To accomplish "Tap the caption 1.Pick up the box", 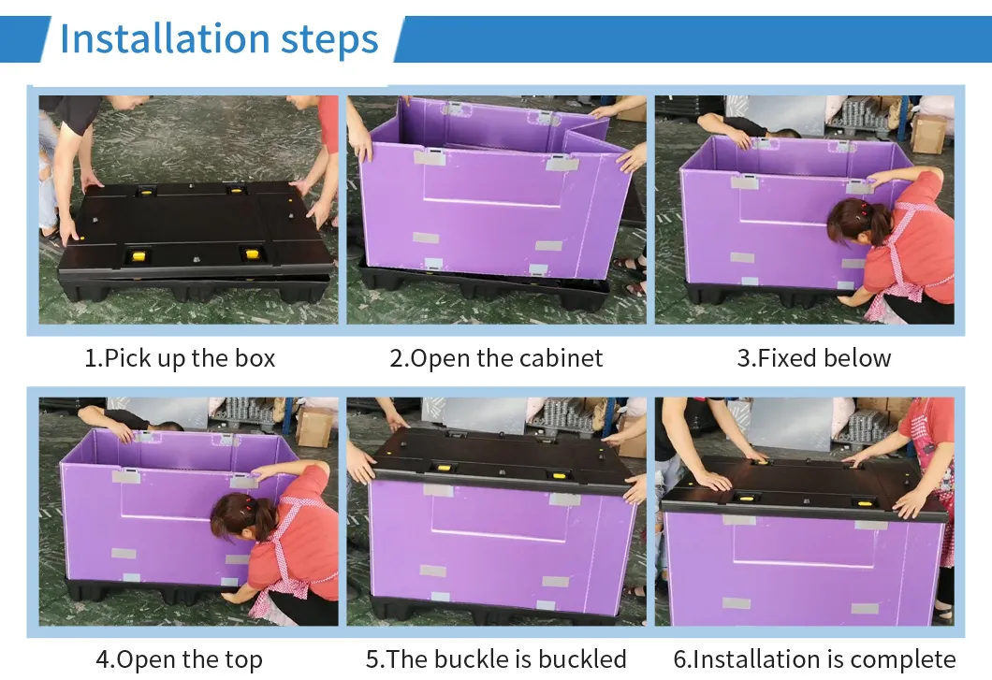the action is [x=181, y=358].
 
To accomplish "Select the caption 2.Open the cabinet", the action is [x=496, y=358].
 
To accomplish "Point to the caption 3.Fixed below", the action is [x=814, y=358].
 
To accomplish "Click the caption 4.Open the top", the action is [x=179, y=659].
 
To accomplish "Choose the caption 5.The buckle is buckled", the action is [x=496, y=659].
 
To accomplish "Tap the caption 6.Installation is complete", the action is [x=814, y=659].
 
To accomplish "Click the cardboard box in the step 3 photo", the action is [x=928, y=133].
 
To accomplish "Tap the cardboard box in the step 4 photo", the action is [x=314, y=427].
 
